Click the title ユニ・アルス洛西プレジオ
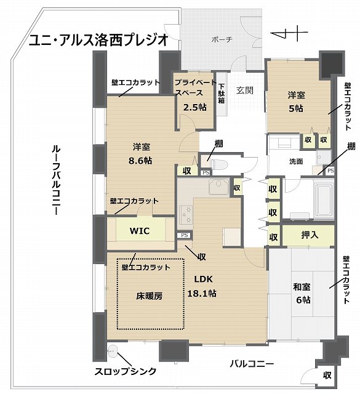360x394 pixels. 98,41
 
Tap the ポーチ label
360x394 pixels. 222,39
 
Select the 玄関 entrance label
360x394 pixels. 244,90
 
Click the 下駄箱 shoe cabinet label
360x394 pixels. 222,94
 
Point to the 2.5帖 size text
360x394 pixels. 194,107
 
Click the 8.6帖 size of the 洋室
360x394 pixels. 140,161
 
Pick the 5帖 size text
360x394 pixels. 296,108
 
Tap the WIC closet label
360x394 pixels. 140,231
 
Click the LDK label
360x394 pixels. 204,279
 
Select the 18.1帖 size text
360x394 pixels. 202,293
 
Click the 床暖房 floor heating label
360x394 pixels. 149,296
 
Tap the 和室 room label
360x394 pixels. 302,287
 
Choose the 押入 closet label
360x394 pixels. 310,235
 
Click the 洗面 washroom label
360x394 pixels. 295,161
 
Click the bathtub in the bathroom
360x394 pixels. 324,201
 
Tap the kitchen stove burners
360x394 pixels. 186,214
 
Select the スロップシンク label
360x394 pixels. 126,371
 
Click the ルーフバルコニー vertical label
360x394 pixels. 56,180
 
